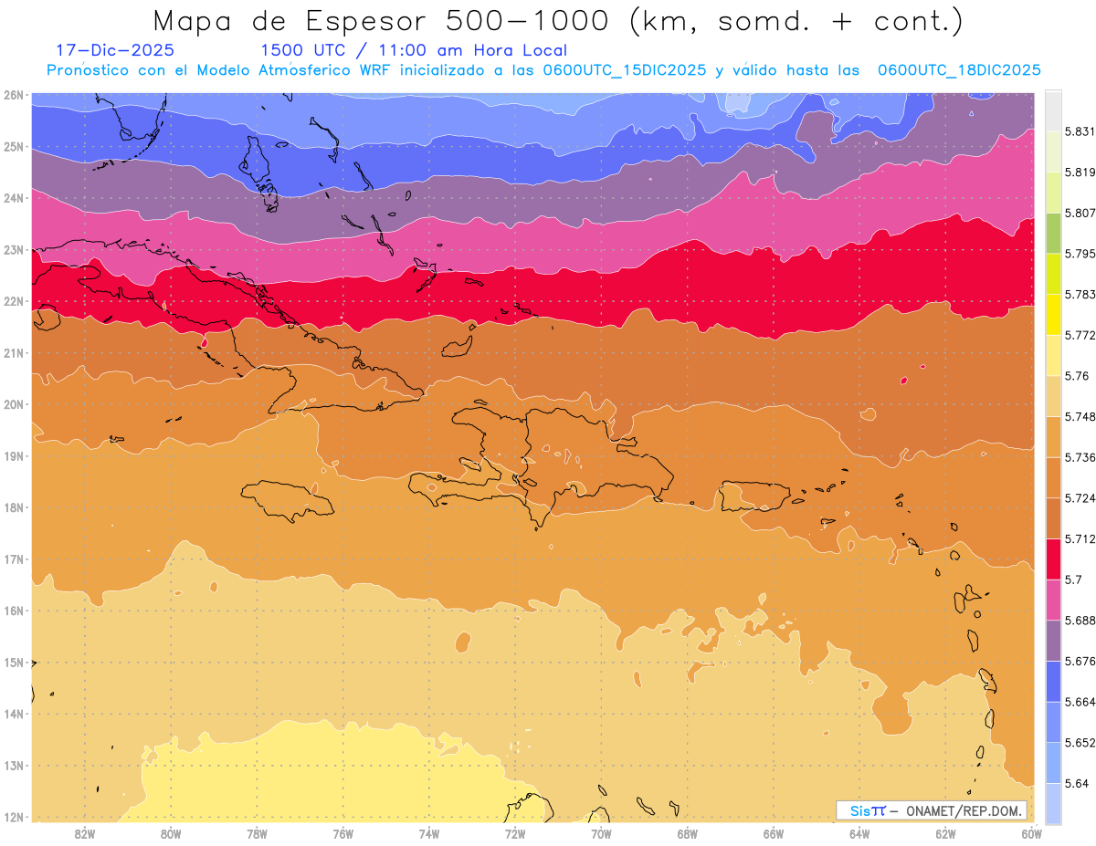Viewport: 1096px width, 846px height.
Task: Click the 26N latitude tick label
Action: click(14, 95)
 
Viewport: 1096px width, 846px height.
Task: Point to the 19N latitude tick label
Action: click(14, 456)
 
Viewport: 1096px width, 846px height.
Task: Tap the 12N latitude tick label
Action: click(14, 817)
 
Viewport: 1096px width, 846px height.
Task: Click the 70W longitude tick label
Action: click(601, 833)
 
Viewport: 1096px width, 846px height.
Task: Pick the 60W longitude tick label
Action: click(1031, 833)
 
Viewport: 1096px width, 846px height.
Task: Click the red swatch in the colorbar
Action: click(1053, 559)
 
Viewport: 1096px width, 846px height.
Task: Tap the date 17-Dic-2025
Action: click(114, 51)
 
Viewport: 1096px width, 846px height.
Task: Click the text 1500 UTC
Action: click(302, 51)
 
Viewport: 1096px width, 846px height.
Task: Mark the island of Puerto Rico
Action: click(754, 496)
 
